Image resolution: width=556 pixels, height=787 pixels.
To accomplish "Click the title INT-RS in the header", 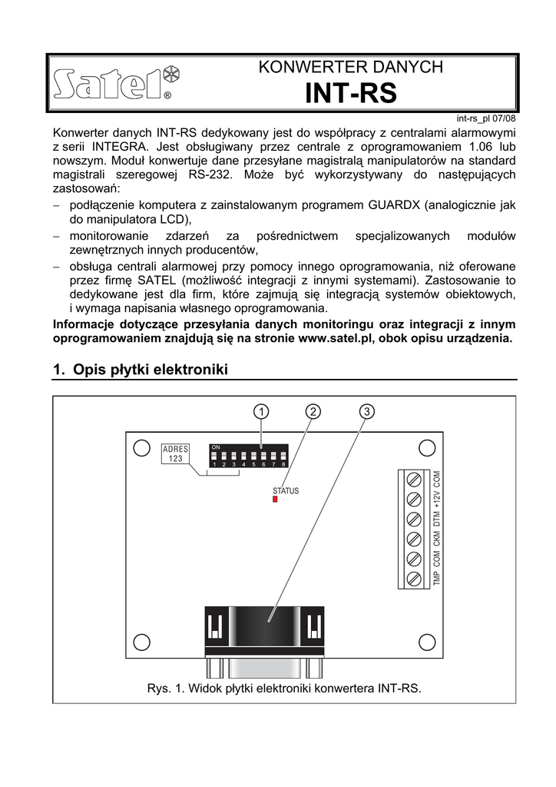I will (x=351, y=93).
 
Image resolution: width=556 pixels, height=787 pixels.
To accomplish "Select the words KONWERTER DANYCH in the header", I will (x=351, y=67).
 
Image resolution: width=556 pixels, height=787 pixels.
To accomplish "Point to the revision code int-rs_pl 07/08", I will (x=485, y=118).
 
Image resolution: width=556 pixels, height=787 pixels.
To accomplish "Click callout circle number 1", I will (x=262, y=412).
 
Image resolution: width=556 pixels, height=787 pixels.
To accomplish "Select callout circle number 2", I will (x=313, y=412).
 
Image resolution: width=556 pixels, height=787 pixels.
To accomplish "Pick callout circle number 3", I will (x=367, y=412).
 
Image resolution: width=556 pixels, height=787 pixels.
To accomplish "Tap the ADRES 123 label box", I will (x=176, y=453).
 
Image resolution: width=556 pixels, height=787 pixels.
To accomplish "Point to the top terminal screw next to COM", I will (x=415, y=480).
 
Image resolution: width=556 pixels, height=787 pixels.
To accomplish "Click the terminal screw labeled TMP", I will (x=415, y=577).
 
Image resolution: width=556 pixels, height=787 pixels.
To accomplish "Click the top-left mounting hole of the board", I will (x=141, y=448).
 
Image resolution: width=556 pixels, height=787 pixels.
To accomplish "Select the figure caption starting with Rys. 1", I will (x=284, y=688).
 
